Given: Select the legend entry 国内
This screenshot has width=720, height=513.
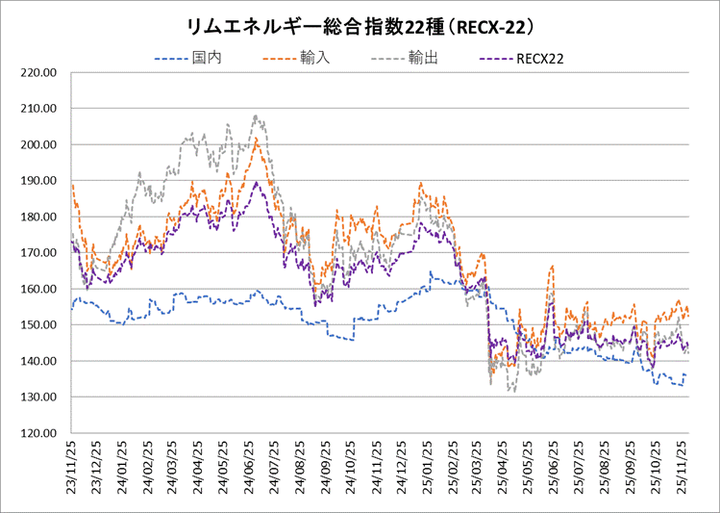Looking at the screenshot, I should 207,60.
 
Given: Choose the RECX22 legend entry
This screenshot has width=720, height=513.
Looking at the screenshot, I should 539,60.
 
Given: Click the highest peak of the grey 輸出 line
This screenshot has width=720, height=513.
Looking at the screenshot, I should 256,116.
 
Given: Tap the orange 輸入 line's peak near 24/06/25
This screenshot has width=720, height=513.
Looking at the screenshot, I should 256,139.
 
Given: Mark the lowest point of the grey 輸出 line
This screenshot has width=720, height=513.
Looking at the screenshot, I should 513,391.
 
